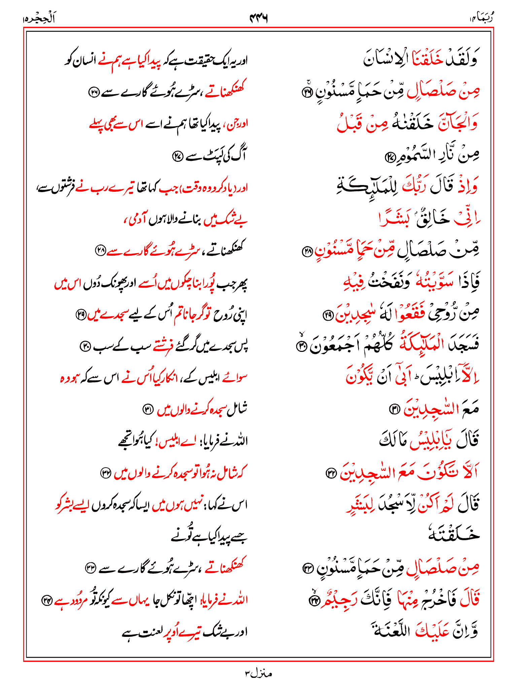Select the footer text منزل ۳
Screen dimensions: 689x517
click(258, 673)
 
